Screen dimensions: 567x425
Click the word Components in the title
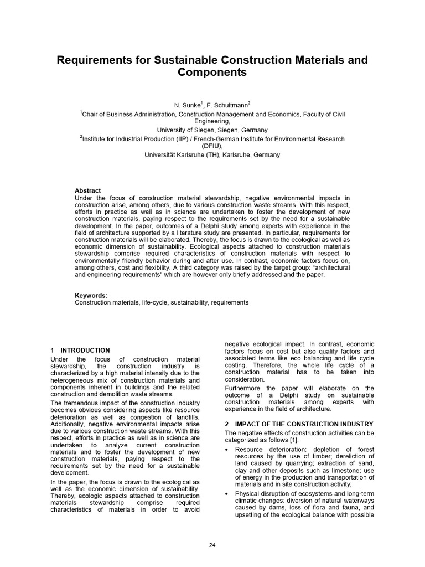point(212,73)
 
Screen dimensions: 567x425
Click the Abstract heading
point(87,190)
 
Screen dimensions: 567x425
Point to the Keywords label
point(90,296)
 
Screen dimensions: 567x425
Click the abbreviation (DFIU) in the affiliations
point(212,147)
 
